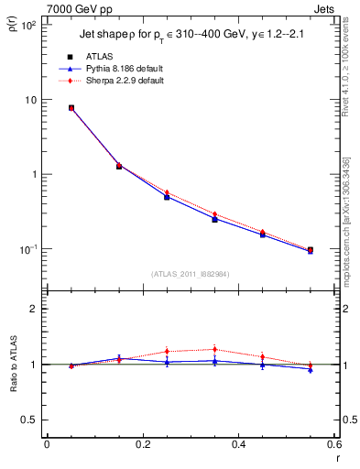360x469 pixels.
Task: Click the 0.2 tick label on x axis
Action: [142, 444]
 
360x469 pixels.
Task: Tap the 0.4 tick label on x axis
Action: [238, 444]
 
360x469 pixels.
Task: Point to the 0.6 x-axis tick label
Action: [333, 444]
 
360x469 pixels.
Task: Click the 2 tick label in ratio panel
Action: [34, 309]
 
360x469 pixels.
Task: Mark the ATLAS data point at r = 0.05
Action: [71, 107]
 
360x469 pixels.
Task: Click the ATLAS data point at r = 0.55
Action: [310, 250]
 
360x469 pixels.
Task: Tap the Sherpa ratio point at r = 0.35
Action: [214, 349]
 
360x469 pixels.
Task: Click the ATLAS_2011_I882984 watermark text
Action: [190, 274]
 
